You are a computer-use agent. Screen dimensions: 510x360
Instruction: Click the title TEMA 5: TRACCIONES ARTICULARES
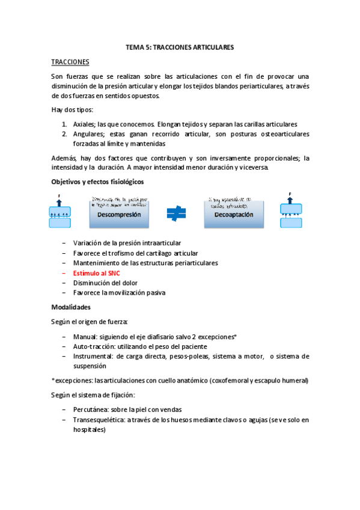180,47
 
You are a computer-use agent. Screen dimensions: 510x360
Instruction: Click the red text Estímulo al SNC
97,273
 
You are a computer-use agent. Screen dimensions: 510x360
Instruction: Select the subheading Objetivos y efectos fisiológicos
97,182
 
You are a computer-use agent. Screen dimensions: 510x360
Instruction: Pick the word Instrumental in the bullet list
93,356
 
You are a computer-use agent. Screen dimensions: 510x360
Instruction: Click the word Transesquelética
99,420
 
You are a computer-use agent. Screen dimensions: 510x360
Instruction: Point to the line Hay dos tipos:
72,109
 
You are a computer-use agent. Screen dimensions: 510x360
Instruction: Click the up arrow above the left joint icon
59,201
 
